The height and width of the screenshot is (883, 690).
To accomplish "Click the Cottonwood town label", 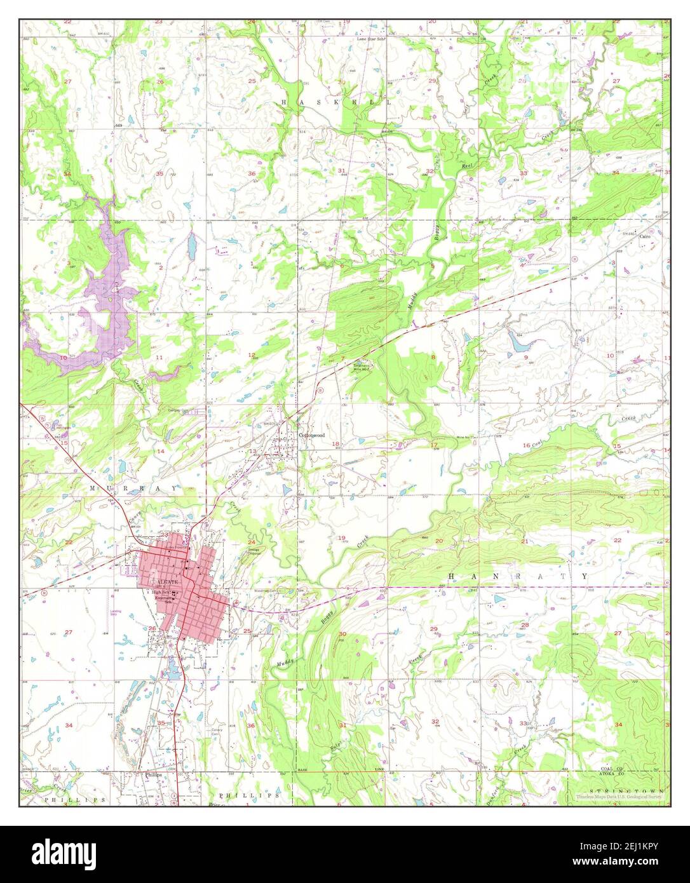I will click(x=312, y=435).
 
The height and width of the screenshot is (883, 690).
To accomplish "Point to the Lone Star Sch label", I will click(x=372, y=38).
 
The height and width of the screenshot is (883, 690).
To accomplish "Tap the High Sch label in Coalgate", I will click(x=160, y=592).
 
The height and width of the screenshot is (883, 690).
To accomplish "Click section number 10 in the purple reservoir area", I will click(x=63, y=358).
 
